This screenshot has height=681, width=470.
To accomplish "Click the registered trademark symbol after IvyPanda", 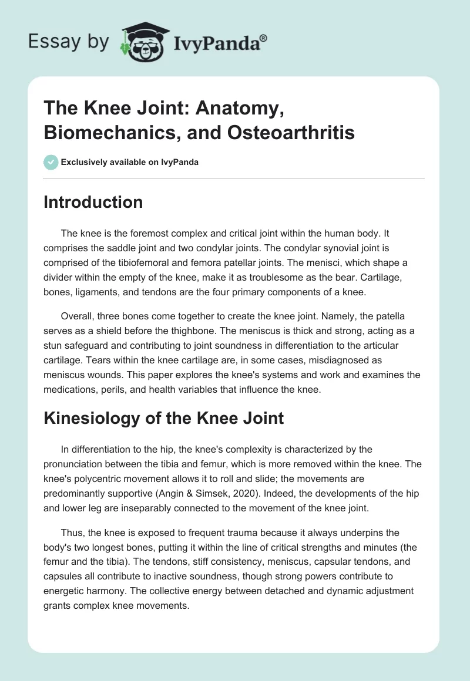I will [x=264, y=38].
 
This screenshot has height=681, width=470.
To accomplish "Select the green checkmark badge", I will [x=51, y=162].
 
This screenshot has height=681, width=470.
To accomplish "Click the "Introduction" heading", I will [x=93, y=202].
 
